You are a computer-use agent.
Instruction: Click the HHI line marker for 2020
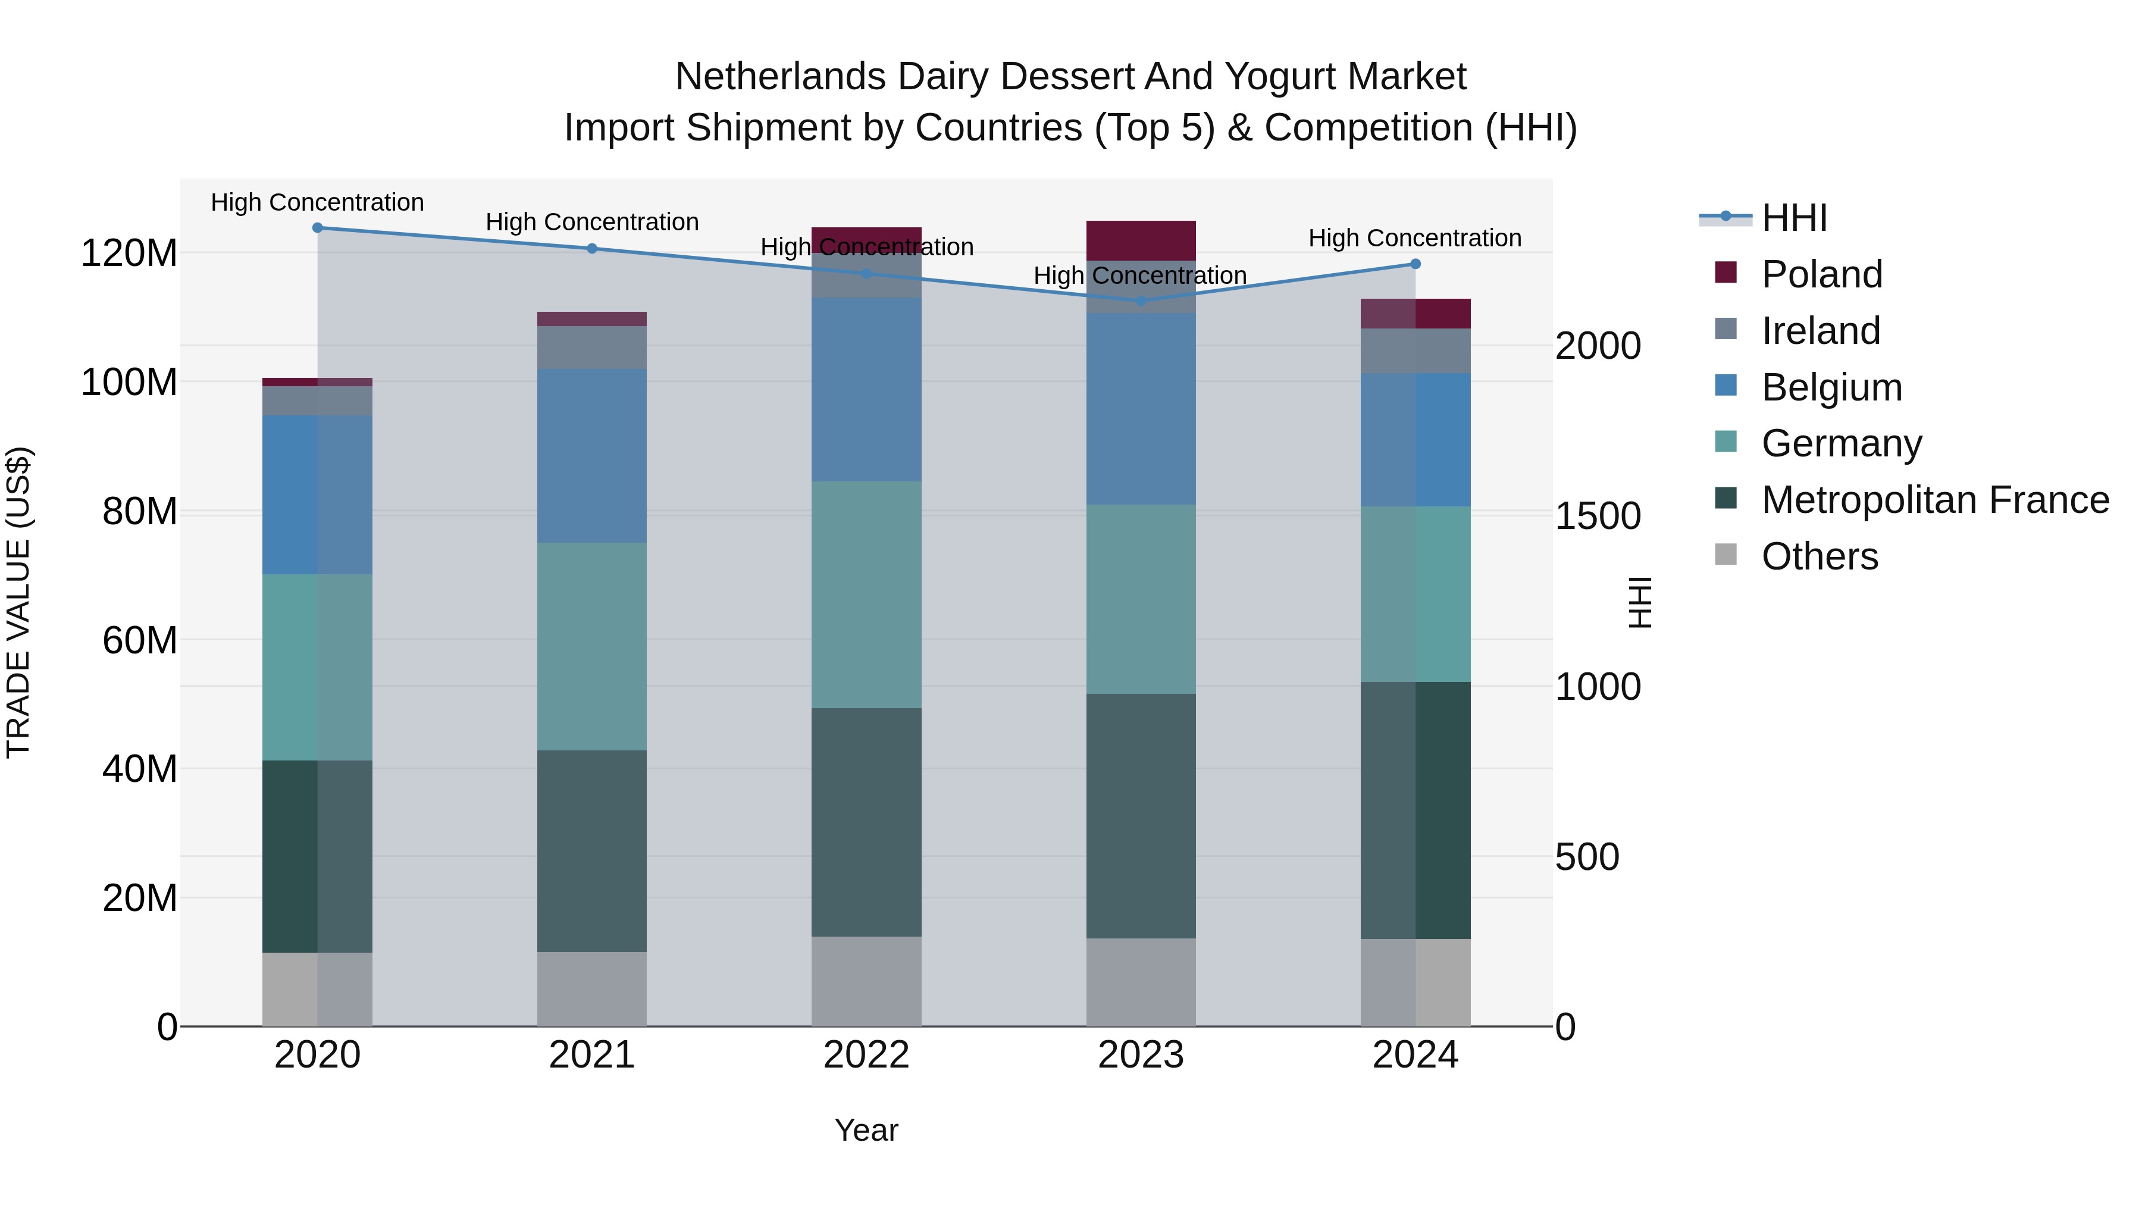click(x=318, y=228)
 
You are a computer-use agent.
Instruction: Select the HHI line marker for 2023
click(x=1141, y=301)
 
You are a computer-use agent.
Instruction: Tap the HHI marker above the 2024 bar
click(x=1416, y=264)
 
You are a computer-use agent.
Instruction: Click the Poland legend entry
click(x=1821, y=274)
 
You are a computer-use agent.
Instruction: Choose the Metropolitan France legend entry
click(x=1935, y=500)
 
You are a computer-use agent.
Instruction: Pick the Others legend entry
click(x=1820, y=556)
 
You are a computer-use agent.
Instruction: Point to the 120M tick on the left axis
click(x=129, y=253)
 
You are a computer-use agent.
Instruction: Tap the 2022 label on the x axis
click(x=866, y=1055)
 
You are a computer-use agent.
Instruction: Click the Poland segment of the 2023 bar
click(x=1141, y=240)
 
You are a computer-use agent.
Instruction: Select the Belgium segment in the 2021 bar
click(x=592, y=456)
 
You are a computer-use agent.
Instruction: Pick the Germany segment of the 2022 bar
click(x=866, y=594)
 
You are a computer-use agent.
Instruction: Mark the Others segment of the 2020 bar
click(x=318, y=990)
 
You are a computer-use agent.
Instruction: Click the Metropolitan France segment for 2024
click(x=1416, y=811)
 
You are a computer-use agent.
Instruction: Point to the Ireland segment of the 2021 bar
click(x=592, y=348)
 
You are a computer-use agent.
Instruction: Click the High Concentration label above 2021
click(x=592, y=222)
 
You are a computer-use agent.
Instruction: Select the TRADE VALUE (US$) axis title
click(x=18, y=602)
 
